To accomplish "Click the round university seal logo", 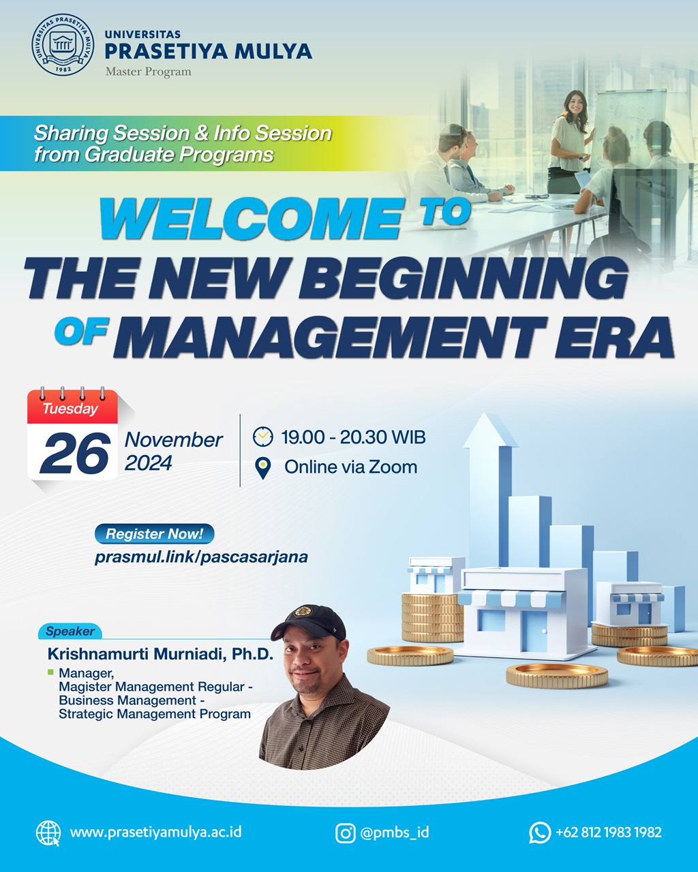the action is coord(63,44).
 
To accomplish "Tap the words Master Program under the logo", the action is coord(149,72).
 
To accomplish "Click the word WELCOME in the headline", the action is coord(252,219).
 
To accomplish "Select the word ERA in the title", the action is coord(614,337).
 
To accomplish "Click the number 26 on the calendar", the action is coord(74,453).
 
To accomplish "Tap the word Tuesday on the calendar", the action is coord(71,409).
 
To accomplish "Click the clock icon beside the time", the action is coord(263,437).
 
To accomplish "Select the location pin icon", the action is coord(263,468).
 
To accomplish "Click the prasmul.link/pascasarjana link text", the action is coord(201,557).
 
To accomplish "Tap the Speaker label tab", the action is coord(70,631).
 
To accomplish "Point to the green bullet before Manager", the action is coord(50,672).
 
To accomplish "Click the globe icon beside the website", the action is coord(48,833).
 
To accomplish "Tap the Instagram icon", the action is coord(345,833).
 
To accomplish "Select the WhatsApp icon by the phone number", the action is coord(540,832).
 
